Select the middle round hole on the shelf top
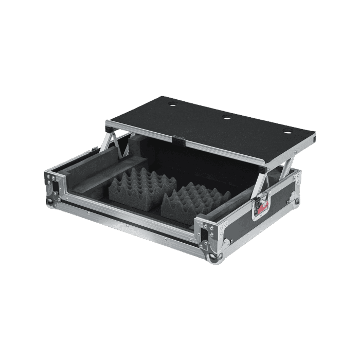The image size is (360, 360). (x=226, y=118)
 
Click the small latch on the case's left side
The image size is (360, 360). (x=93, y=149)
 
